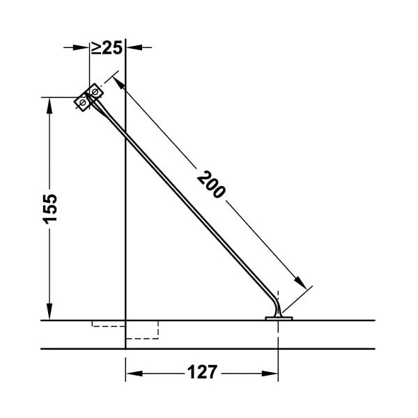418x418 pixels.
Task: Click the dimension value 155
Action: [x=50, y=209]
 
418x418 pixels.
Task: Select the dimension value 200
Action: [x=211, y=185]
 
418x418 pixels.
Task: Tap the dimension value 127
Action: [x=202, y=372]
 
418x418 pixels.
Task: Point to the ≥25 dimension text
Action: [x=107, y=47]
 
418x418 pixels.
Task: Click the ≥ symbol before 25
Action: [x=96, y=48]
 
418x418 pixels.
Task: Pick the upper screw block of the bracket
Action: [x=94, y=91]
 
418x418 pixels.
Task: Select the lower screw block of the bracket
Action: [x=82, y=102]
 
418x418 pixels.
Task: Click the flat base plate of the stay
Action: [x=279, y=318]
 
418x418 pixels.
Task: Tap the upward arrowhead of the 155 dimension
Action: [x=49, y=106]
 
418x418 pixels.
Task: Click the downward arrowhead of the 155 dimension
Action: [x=49, y=311]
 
